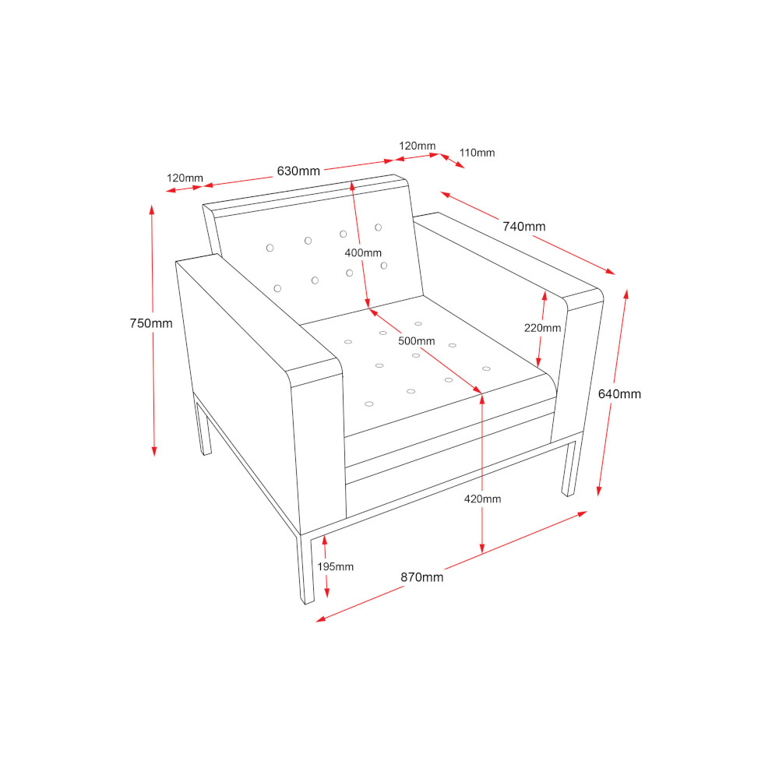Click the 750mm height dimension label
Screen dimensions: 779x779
coord(151,323)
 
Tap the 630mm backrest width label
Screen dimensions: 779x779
coord(298,171)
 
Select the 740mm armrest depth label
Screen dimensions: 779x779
coord(523,227)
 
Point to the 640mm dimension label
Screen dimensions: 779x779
coord(619,394)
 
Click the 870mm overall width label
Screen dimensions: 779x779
coord(421,577)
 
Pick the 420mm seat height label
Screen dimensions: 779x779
coord(482,499)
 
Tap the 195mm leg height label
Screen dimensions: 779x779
coord(335,566)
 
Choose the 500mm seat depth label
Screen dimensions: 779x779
coord(416,341)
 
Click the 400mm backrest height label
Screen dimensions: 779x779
coord(363,253)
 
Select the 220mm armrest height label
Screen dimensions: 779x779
coord(542,328)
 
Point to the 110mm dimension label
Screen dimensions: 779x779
coord(477,153)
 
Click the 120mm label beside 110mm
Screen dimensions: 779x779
coord(418,146)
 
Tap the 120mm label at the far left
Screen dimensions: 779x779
coord(185,178)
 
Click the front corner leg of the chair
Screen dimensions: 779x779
coord(306,569)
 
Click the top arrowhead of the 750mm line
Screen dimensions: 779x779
coord(152,210)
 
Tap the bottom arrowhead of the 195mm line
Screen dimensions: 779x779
coord(327,592)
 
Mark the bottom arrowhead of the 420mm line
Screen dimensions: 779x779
coord(482,548)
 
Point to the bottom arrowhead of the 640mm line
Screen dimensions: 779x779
coord(599,491)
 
